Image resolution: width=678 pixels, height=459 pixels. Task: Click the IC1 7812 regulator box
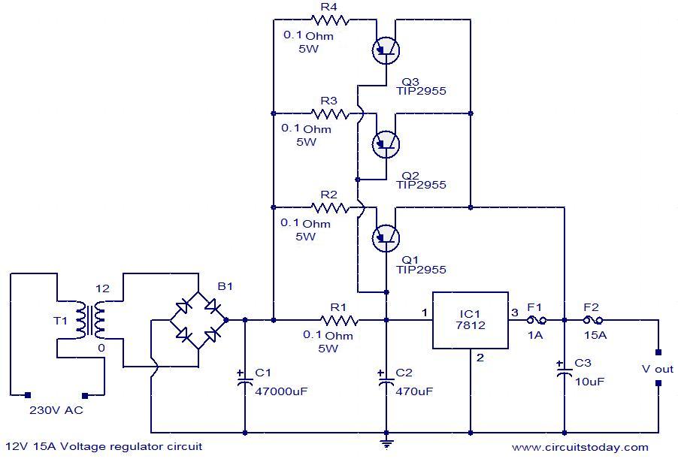(470, 320)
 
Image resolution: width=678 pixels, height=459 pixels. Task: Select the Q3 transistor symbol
(386, 50)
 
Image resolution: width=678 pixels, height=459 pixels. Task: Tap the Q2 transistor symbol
(386, 143)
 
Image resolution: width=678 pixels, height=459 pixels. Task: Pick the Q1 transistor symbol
(386, 237)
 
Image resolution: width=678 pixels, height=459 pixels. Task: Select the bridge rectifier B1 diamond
(198, 320)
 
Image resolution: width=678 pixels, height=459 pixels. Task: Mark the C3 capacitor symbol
(564, 370)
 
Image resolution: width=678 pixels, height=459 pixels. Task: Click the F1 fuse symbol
(535, 320)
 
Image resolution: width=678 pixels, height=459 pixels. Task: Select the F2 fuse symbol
(595, 320)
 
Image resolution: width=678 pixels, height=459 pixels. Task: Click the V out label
(657, 369)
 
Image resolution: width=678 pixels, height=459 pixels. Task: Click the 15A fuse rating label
(596, 335)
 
